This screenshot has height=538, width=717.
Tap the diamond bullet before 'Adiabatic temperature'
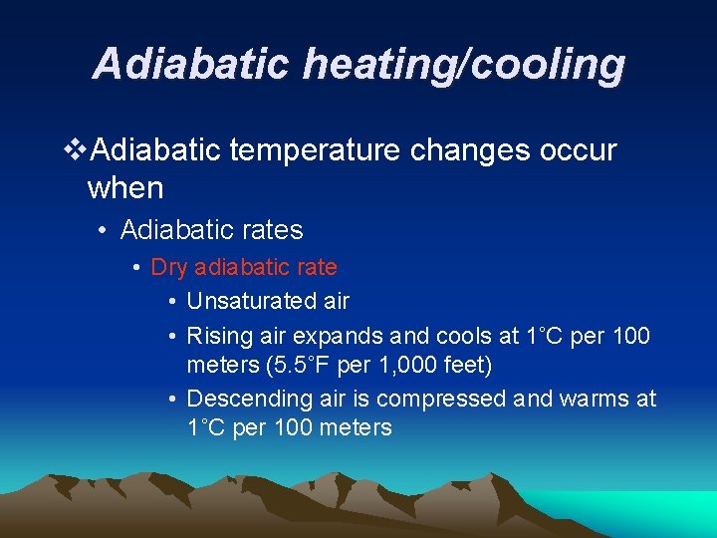click(74, 151)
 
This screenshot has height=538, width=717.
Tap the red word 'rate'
click(315, 267)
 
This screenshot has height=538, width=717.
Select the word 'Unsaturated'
click(246, 300)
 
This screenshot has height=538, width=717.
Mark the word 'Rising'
click(216, 336)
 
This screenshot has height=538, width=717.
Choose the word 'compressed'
click(450, 399)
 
